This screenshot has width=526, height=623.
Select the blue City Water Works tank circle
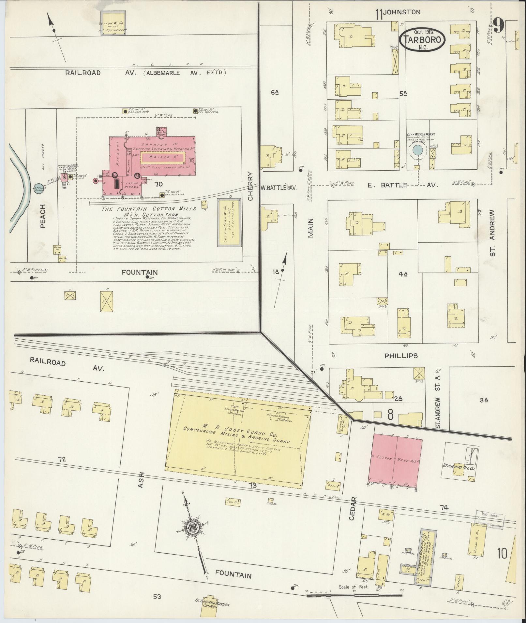418,150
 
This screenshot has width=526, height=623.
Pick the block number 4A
403,274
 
